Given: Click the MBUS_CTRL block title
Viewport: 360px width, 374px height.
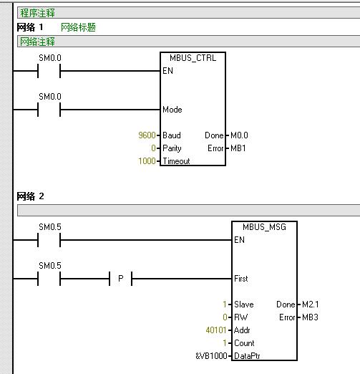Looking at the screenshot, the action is [x=193, y=58].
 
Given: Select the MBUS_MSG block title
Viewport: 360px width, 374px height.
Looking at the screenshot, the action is [x=264, y=227].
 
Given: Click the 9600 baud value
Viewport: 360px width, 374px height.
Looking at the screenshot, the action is [x=147, y=135].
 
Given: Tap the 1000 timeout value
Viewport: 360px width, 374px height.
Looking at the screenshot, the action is [x=147, y=161].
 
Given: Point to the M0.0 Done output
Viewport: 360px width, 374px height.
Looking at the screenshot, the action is [x=239, y=135].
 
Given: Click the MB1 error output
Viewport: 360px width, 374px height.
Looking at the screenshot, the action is [x=238, y=148].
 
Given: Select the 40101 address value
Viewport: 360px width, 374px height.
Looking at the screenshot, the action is [x=216, y=330].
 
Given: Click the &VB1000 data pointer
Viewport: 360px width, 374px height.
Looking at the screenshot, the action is [x=211, y=356].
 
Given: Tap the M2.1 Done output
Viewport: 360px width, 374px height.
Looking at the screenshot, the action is [x=310, y=305].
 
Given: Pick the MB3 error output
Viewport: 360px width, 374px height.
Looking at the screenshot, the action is [x=310, y=317].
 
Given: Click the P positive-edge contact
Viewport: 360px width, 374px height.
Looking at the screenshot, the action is [x=121, y=279].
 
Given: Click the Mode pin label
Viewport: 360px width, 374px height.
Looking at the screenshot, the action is [x=172, y=110].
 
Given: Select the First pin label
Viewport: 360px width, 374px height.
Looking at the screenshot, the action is [x=241, y=279].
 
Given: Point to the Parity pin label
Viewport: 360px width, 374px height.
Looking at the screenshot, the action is [x=172, y=148].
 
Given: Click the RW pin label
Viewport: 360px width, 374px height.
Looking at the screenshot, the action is [x=241, y=317].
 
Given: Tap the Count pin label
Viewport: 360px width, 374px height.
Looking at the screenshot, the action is [x=244, y=343].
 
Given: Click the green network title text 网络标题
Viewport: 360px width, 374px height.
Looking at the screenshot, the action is [x=78, y=27].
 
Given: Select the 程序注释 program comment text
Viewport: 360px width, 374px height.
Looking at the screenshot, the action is [x=37, y=13].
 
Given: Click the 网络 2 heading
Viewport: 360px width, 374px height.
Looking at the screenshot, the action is [x=30, y=196].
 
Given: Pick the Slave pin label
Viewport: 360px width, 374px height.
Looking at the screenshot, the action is [x=244, y=305].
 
